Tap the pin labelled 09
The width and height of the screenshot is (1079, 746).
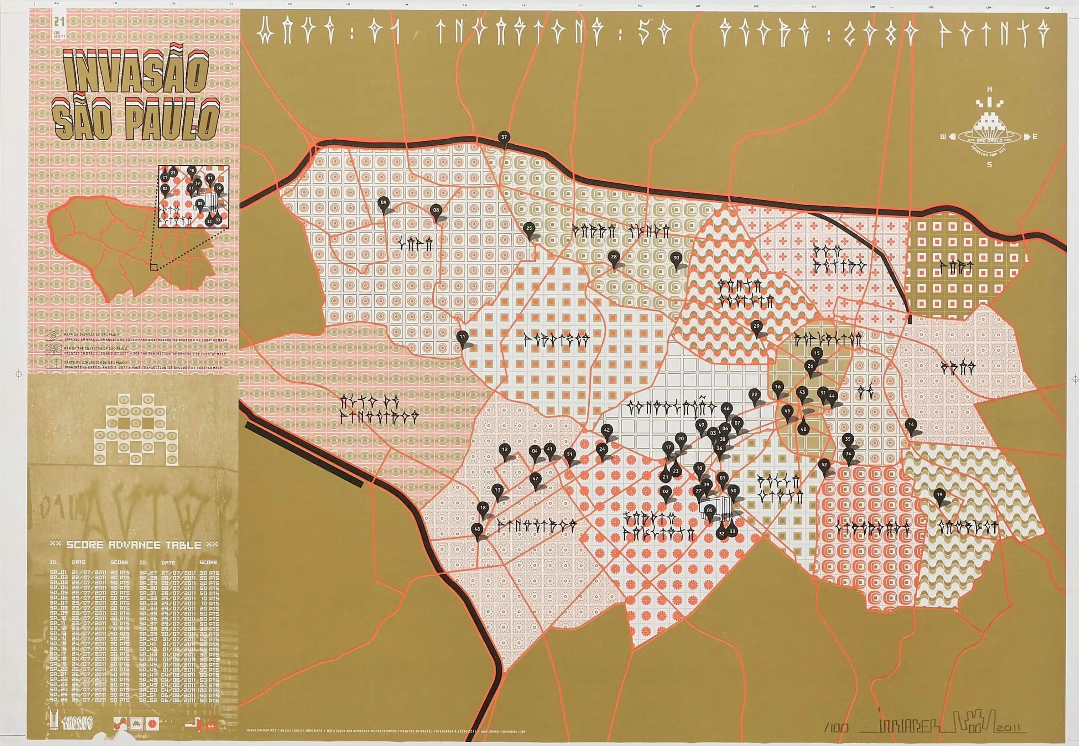384,203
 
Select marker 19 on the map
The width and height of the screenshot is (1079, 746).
939,495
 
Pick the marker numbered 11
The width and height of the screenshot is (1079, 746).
462,337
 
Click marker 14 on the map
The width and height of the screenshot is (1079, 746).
910,425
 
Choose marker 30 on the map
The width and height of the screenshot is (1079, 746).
676,258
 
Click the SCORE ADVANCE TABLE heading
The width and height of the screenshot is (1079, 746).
134,545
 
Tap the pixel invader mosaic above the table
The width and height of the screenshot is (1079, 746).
135,430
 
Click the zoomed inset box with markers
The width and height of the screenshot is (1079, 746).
193,196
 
